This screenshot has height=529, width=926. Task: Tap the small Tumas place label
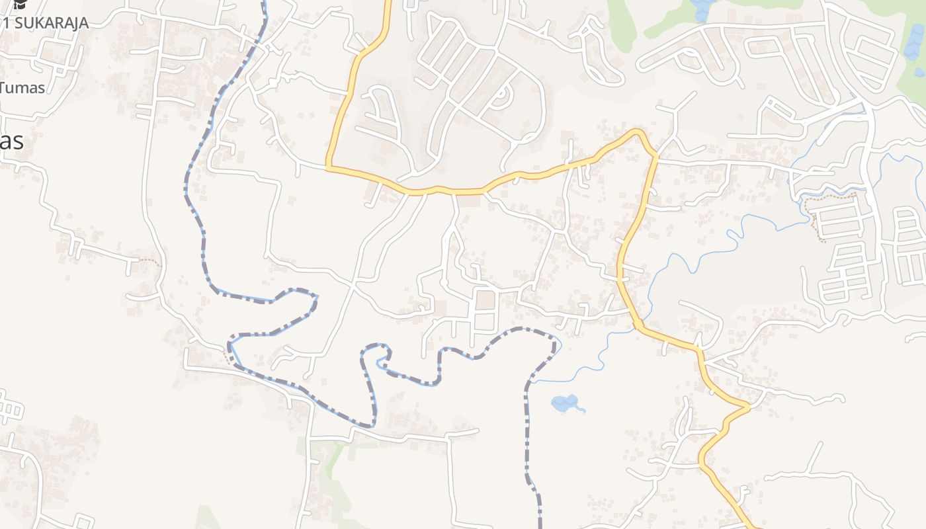click(22, 87)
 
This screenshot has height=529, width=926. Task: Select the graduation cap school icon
click(21, 4)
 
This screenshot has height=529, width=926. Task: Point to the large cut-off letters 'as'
click(12, 141)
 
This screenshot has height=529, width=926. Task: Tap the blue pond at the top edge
click(702, 9)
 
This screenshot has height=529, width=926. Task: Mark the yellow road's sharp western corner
click(328, 167)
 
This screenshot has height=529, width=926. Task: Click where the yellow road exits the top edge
click(388, 3)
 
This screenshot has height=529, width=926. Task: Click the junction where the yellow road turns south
click(655, 156)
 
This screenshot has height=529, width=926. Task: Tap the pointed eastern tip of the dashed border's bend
click(317, 297)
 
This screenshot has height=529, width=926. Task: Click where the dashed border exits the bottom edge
click(540, 526)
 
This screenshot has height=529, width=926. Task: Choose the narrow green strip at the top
click(622, 23)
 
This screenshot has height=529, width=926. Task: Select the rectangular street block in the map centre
click(486, 310)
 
